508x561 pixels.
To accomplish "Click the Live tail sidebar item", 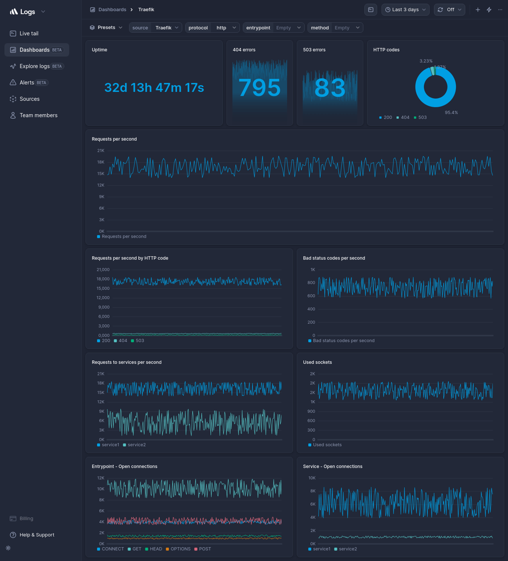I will point(29,33).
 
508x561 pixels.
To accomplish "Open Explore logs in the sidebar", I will point(34,66).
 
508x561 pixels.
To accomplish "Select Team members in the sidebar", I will point(38,115).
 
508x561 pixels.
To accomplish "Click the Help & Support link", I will point(37,535).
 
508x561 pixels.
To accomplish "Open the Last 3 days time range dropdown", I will point(405,10).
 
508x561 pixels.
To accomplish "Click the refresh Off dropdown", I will point(449,10).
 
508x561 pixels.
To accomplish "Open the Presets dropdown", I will point(106,27).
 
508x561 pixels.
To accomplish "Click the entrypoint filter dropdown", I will point(274,28).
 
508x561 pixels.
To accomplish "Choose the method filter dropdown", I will point(335,28).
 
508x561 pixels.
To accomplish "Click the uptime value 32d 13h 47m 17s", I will point(154,88).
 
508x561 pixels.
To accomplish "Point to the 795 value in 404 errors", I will point(259,88).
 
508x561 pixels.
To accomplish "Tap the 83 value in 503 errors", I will point(330,88).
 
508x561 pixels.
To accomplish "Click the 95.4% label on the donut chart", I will point(451,113).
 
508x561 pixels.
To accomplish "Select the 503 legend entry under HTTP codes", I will point(422,118).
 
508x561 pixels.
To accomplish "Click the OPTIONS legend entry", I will point(180,549).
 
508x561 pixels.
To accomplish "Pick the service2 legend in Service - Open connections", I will point(347,549).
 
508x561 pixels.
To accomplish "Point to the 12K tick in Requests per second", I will point(100,185).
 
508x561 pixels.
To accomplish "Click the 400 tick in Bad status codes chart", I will point(311,309).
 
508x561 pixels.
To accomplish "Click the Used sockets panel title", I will point(317,363).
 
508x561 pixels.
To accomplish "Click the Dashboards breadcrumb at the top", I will point(112,10).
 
